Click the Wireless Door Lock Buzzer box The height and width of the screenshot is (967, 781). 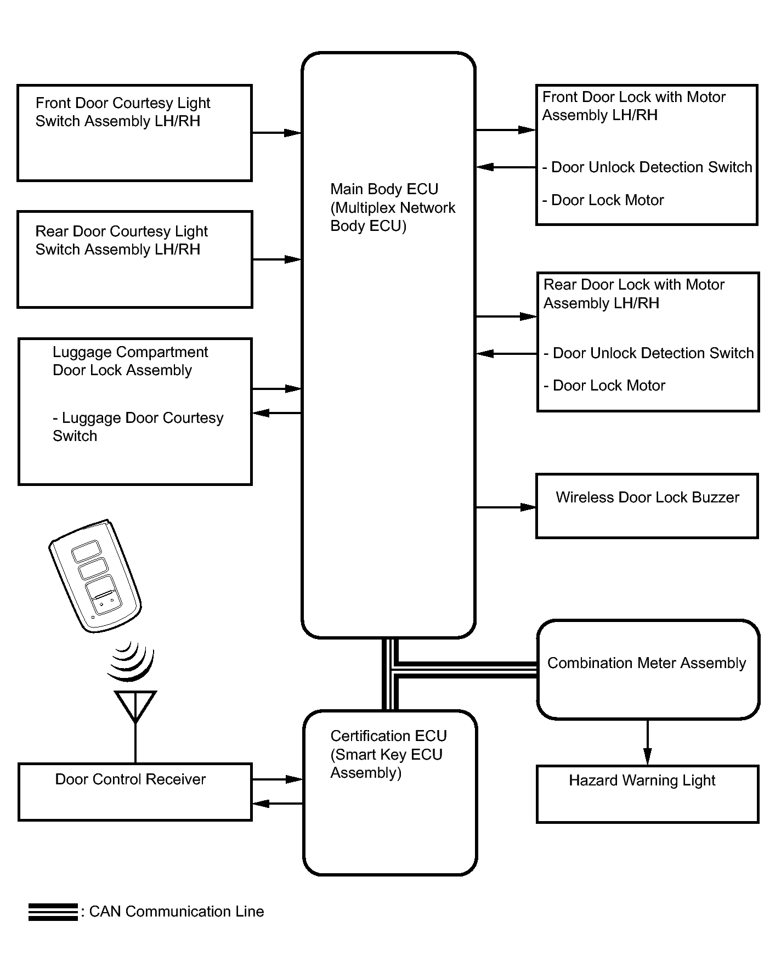coord(647,506)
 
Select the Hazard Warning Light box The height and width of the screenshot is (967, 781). coord(647,794)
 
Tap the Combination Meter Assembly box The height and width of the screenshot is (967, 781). coord(648,669)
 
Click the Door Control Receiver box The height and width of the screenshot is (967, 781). coord(135,791)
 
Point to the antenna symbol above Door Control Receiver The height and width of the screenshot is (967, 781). coord(135,706)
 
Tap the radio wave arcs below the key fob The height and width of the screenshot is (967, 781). coord(132,661)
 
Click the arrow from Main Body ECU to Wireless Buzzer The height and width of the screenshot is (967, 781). coord(505,507)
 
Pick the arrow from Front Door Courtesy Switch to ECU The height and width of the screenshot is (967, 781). coord(276,133)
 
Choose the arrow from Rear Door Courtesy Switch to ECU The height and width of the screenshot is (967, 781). coord(276,259)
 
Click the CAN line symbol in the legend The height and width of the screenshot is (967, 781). coord(53,912)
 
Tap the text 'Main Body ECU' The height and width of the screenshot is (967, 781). coord(384,189)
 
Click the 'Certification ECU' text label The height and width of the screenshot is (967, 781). coord(388,736)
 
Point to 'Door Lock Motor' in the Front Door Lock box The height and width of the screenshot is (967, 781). coord(607,200)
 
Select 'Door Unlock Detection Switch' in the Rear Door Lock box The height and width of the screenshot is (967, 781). coord(653,353)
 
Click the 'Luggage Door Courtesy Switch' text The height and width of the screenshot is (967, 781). coord(138,427)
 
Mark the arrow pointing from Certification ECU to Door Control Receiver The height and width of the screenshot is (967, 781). coord(277,804)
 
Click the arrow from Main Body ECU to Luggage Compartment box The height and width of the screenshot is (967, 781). coord(276,413)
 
